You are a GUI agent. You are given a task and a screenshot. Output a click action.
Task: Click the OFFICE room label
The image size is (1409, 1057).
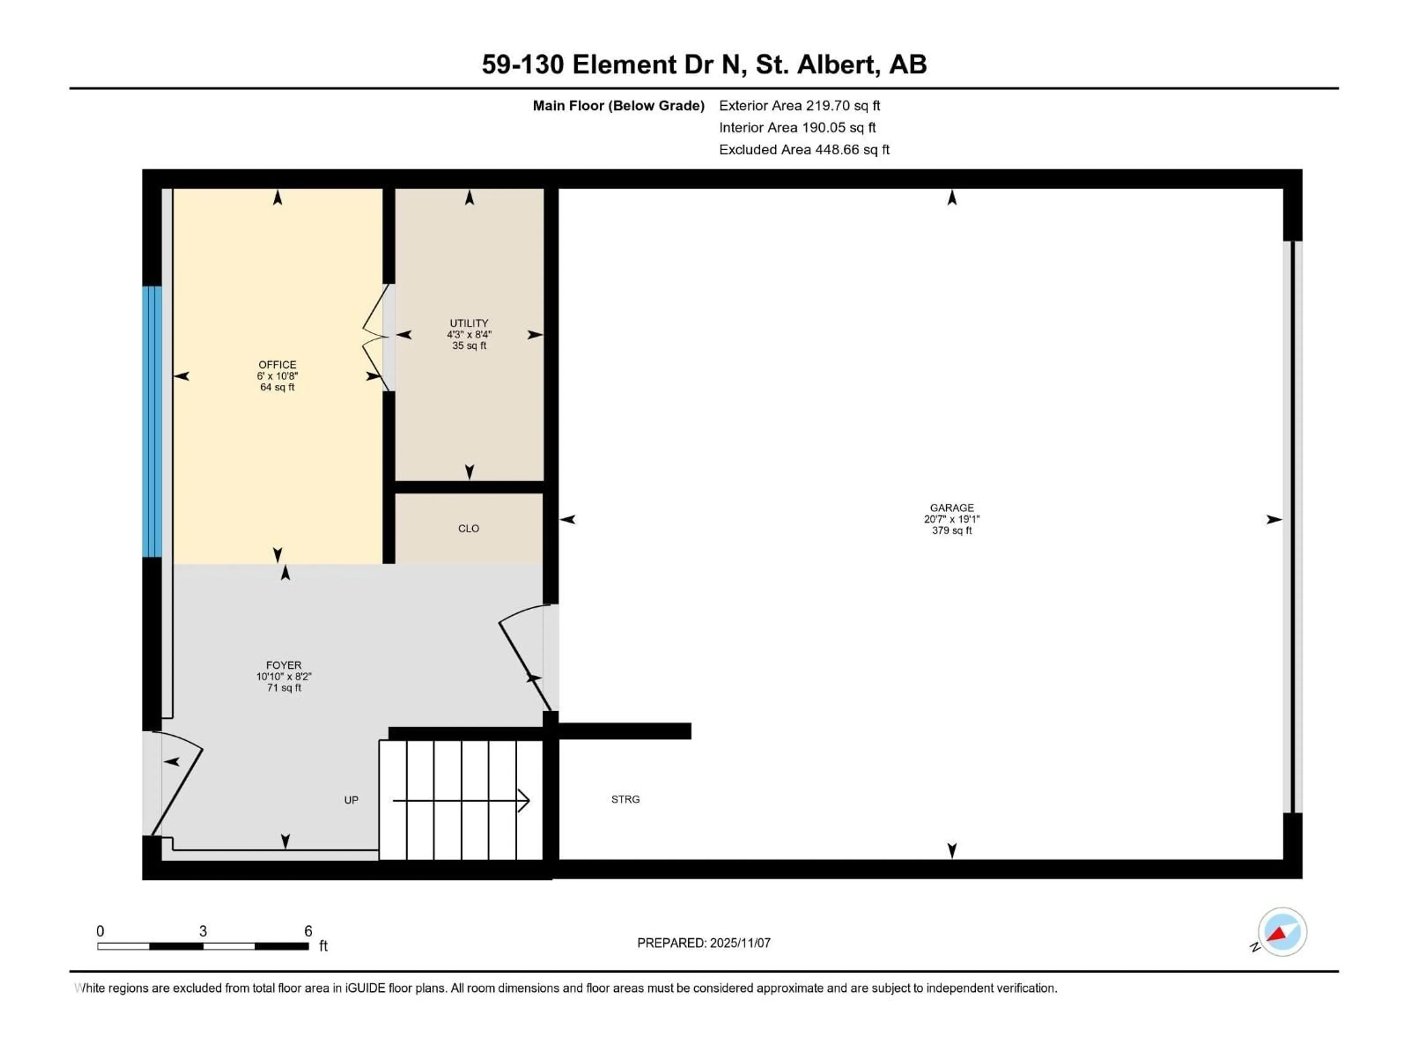(x=277, y=364)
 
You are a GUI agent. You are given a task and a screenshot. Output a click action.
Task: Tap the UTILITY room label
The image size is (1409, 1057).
(x=469, y=323)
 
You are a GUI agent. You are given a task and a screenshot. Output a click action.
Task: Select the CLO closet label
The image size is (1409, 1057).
(x=468, y=528)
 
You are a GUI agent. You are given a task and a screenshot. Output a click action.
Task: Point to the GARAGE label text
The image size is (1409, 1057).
(x=952, y=508)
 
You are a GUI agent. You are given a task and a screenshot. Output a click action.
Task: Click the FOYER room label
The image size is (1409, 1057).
(x=284, y=665)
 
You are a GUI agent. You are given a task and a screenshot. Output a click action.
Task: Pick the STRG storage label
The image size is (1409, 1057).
(x=625, y=799)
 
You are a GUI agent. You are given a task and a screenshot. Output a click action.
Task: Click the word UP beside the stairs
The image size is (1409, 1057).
(x=351, y=800)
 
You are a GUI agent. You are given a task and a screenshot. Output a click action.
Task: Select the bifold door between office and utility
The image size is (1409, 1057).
(x=376, y=338)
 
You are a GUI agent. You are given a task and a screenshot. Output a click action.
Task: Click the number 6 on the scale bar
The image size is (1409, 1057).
(x=308, y=931)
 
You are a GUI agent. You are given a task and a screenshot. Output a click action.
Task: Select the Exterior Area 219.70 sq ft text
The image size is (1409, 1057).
(x=800, y=106)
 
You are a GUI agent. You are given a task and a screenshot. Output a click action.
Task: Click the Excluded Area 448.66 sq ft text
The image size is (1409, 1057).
(x=804, y=150)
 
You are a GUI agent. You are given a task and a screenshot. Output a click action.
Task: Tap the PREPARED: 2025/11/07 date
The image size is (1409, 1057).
(x=704, y=943)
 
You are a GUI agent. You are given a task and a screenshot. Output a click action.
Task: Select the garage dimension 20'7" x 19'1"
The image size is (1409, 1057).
(x=952, y=519)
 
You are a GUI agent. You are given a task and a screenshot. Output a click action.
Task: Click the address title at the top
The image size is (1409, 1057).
(x=704, y=64)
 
